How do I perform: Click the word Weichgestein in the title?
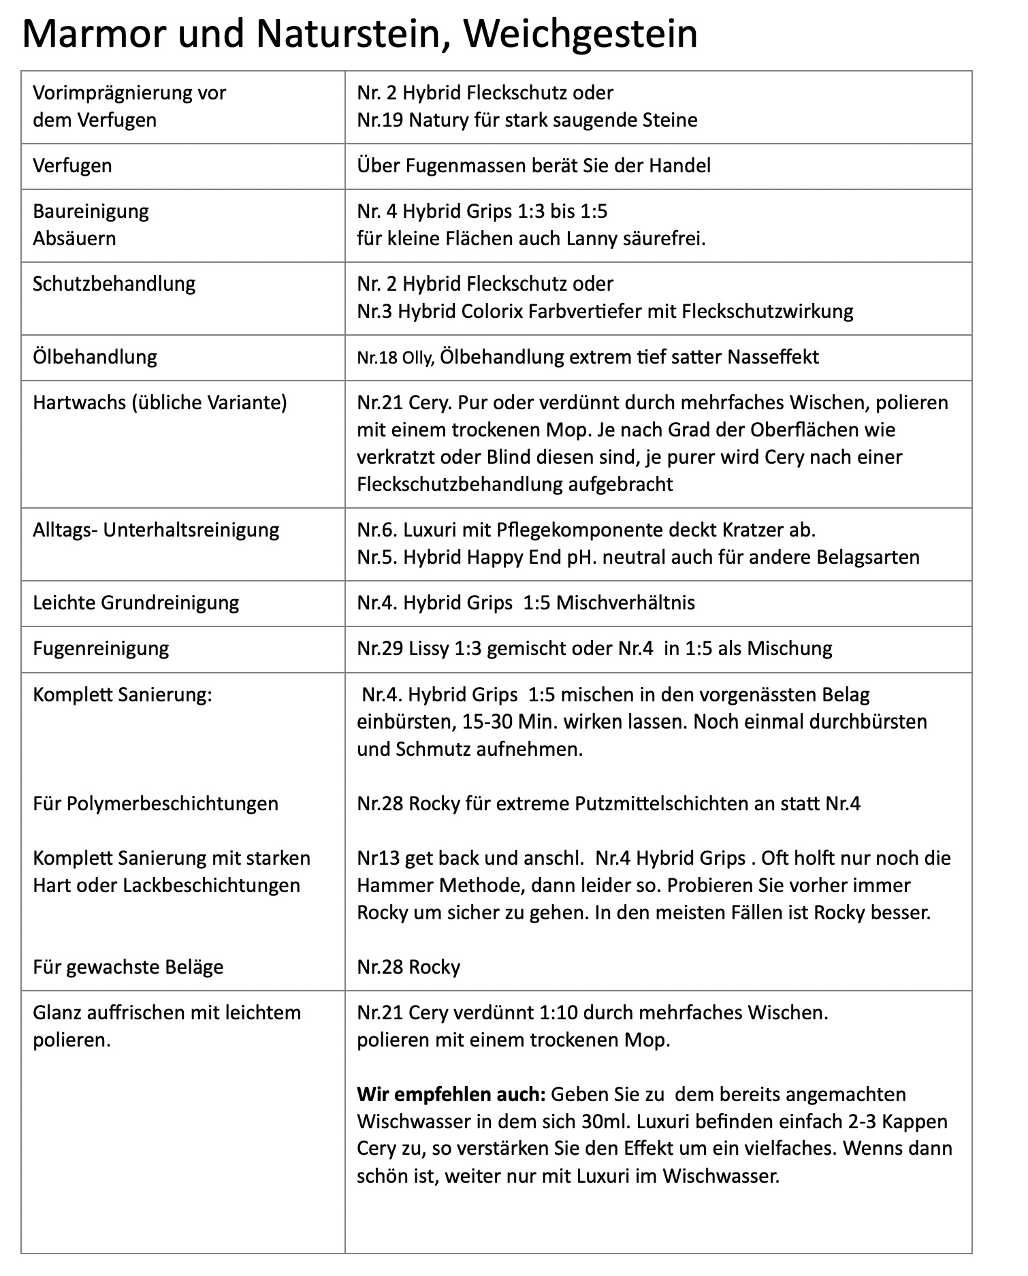[581, 34]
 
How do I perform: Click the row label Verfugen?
[72, 165]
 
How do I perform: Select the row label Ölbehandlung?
[95, 357]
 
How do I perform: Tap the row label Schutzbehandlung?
[114, 283]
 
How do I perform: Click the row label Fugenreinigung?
[101, 648]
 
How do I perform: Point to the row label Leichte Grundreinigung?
[135, 603]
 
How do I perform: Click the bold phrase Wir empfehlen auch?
[451, 1094]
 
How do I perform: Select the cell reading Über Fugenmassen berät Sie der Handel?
[534, 165]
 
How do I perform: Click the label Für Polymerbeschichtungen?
[155, 803]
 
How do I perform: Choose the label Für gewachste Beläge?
[128, 967]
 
